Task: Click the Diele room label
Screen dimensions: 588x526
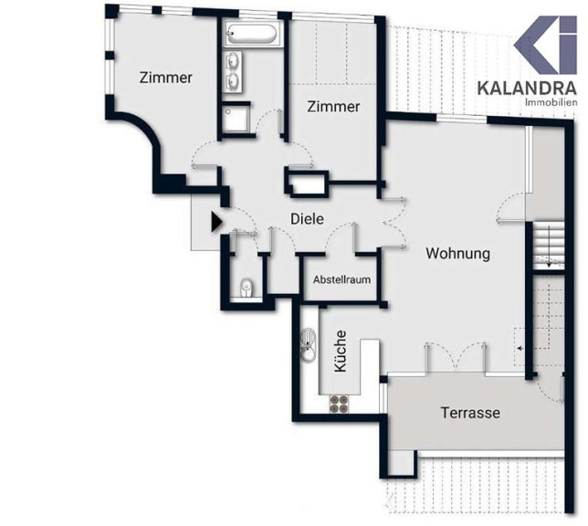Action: click(307, 219)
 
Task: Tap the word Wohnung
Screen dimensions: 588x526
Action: click(457, 253)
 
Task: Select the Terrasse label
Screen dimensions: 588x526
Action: click(470, 413)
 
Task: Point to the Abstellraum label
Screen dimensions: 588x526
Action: click(342, 279)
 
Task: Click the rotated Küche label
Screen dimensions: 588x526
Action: click(341, 352)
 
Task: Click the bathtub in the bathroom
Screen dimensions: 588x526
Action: click(252, 34)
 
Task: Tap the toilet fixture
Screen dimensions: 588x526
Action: click(247, 288)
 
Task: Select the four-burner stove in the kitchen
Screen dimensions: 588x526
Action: click(338, 404)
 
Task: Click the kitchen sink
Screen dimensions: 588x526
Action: click(309, 345)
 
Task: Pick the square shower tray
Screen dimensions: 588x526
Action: click(236, 119)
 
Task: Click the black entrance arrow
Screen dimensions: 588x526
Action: click(216, 222)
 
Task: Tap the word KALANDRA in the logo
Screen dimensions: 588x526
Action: click(527, 89)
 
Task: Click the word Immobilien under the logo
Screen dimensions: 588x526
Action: click(551, 102)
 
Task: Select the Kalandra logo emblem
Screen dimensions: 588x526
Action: click(545, 45)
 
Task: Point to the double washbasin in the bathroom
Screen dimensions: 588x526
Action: click(234, 71)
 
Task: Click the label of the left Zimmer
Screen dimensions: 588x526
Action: click(166, 78)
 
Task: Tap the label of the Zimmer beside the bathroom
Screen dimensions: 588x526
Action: click(333, 107)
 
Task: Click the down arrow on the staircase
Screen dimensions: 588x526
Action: click(549, 246)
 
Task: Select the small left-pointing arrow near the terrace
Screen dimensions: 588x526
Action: click(521, 348)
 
